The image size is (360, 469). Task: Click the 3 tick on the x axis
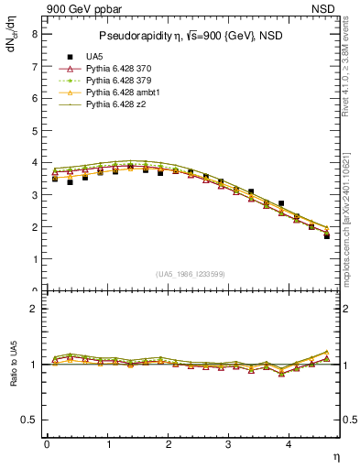coord(229,444)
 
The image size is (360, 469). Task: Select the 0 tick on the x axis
coord(47,444)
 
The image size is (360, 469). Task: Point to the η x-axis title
coord(334,455)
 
